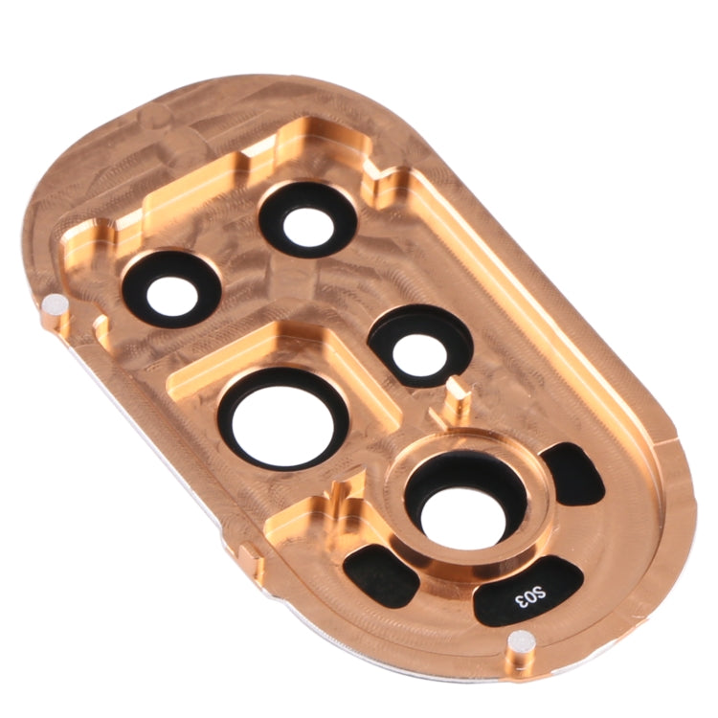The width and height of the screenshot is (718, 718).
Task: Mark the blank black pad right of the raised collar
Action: tap(575, 475)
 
